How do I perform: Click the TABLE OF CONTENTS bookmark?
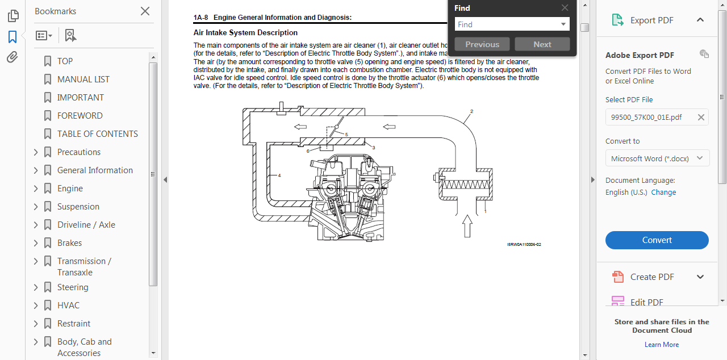[x=97, y=134]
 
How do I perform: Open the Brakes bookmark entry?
[x=69, y=243]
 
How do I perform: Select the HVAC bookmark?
[x=68, y=305]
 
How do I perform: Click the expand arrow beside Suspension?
[x=36, y=207]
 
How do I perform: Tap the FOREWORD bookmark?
[x=80, y=116]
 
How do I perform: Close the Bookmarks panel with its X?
[x=145, y=11]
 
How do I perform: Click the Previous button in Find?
[x=482, y=44]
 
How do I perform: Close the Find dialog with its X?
[x=565, y=8]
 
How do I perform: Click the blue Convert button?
[x=657, y=240]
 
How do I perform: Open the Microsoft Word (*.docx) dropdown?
[x=657, y=158]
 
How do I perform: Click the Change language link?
[x=663, y=192]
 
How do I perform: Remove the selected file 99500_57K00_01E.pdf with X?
[x=701, y=118]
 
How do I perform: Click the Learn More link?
[x=661, y=345]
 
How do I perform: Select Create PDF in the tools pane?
[x=652, y=277]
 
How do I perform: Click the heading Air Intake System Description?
[x=245, y=33]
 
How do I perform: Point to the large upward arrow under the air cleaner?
[x=467, y=225]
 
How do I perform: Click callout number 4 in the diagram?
[x=279, y=176]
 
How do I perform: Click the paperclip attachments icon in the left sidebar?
[x=12, y=57]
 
